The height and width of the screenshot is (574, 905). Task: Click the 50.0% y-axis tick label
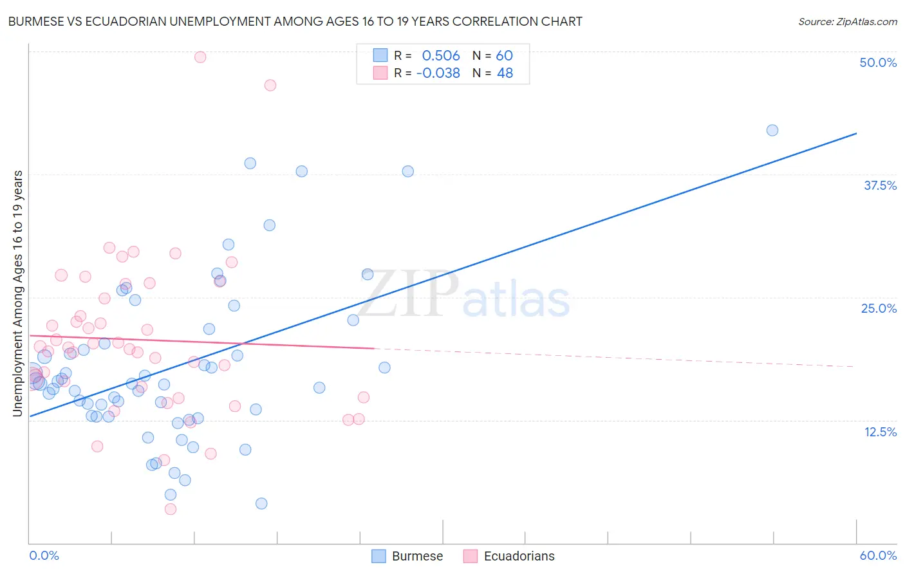878,62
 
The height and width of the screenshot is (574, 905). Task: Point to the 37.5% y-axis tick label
880,185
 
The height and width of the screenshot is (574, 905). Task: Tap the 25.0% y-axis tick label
879,308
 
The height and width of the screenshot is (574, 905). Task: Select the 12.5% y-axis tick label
880,432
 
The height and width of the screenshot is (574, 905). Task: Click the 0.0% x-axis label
44,555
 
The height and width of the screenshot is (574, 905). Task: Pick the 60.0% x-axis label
878,555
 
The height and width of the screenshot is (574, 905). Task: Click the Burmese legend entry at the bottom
416,556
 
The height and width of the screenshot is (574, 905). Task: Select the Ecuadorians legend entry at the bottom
518,556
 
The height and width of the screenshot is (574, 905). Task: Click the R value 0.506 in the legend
441,55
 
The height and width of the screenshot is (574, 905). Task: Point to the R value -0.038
438,73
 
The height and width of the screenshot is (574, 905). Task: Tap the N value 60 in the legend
504,55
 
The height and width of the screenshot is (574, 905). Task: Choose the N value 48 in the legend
505,73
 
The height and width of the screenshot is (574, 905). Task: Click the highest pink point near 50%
200,57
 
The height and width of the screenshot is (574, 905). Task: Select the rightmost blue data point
772,130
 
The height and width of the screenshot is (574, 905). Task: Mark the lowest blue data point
261,503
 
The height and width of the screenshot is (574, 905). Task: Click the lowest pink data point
171,509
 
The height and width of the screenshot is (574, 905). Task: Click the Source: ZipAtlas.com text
847,21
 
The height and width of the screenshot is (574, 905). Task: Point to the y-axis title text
17,293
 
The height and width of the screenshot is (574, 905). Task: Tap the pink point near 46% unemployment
270,85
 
